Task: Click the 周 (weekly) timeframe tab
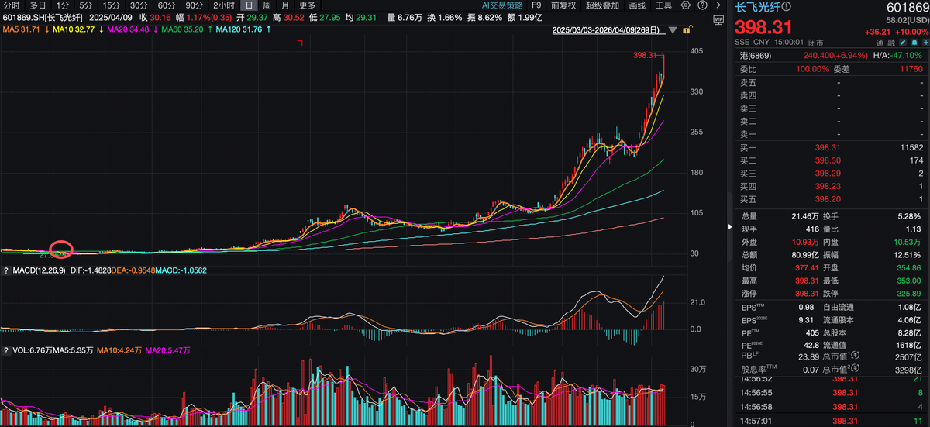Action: [267, 5]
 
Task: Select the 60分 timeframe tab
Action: [167, 5]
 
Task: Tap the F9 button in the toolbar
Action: [536, 5]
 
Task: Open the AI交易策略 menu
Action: [502, 5]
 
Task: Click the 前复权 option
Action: [563, 5]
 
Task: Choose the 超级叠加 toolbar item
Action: [604, 5]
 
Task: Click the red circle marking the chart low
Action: [60, 250]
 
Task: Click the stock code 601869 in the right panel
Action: [908, 7]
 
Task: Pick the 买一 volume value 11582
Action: [911, 147]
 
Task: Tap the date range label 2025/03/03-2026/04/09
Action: [605, 30]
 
